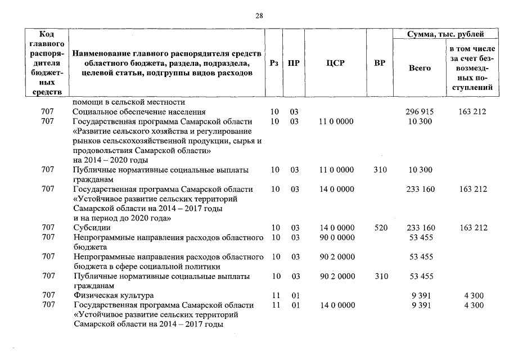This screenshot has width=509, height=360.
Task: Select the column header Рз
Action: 274,63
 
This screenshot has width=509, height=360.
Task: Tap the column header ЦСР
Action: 335,63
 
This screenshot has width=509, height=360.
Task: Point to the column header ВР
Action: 380,63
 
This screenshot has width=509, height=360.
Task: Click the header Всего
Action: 420,67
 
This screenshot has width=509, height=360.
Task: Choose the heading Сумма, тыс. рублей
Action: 445,35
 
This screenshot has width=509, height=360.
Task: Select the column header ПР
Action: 294,63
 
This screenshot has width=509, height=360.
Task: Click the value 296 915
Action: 420,112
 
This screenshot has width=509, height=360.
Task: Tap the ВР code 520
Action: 380,228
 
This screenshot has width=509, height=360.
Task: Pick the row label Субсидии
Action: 92,228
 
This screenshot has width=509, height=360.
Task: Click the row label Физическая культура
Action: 113,296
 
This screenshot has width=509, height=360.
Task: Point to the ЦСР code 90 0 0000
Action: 337,237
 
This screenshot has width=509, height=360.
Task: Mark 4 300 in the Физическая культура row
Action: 472,296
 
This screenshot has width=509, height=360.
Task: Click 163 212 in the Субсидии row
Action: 472,228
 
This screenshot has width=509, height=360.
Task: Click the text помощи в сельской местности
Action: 129,102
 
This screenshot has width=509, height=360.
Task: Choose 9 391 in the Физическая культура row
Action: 420,296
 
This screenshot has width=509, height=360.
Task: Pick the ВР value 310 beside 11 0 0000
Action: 380,170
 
